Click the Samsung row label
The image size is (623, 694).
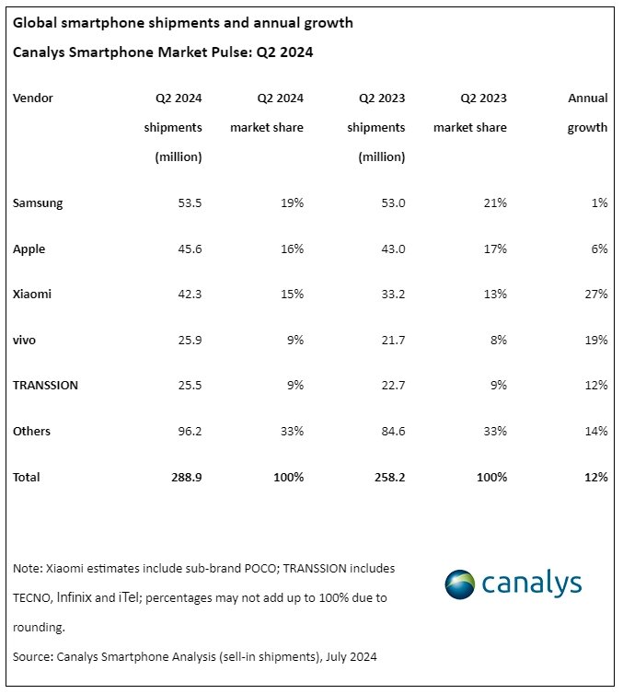tap(38, 203)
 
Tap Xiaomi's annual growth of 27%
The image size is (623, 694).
tap(595, 295)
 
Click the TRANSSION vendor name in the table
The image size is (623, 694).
tap(45, 386)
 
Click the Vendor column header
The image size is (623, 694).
tap(33, 98)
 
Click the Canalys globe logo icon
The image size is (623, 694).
tap(460, 584)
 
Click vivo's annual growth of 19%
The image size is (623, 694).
tap(595, 341)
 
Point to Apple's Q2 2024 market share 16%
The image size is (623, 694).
tap(291, 249)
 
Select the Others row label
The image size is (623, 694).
tap(32, 432)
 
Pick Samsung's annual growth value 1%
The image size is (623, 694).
tap(599, 203)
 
